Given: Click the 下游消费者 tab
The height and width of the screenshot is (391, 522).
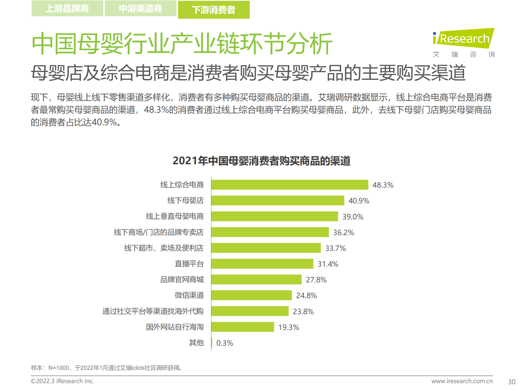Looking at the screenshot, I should click(214, 10).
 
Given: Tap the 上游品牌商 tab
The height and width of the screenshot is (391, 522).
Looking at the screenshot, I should click(67, 8).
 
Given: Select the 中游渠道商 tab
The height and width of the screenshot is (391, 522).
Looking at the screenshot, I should click(141, 8).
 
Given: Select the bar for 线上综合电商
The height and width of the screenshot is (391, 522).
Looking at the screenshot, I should click(290, 185).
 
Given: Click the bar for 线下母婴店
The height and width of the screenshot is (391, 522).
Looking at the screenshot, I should click(278, 200).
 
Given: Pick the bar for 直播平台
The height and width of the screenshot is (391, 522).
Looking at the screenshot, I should click(262, 264).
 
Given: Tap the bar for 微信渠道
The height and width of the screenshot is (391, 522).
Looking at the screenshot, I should click(251, 295).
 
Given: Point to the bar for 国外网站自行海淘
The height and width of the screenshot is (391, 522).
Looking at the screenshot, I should click(243, 327).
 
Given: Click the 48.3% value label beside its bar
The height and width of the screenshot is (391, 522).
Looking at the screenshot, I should click(383, 185).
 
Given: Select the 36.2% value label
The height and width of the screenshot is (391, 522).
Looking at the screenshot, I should click(344, 232).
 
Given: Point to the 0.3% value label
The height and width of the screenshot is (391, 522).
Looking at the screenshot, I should click(225, 343).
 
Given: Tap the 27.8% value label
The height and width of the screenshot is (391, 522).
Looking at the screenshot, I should click(316, 280).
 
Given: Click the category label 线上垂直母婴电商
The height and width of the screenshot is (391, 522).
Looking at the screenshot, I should click(175, 216).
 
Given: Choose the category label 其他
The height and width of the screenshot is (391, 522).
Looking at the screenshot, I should click(196, 343).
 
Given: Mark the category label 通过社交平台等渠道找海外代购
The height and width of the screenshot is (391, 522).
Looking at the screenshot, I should click(153, 311).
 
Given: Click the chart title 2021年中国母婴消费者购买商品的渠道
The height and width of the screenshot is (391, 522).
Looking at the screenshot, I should click(261, 161).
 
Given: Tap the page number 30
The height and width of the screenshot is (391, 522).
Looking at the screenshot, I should click(511, 382).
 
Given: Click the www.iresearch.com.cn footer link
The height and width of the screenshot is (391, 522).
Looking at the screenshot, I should click(462, 381).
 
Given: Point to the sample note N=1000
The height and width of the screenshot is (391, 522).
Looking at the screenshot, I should click(106, 368).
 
